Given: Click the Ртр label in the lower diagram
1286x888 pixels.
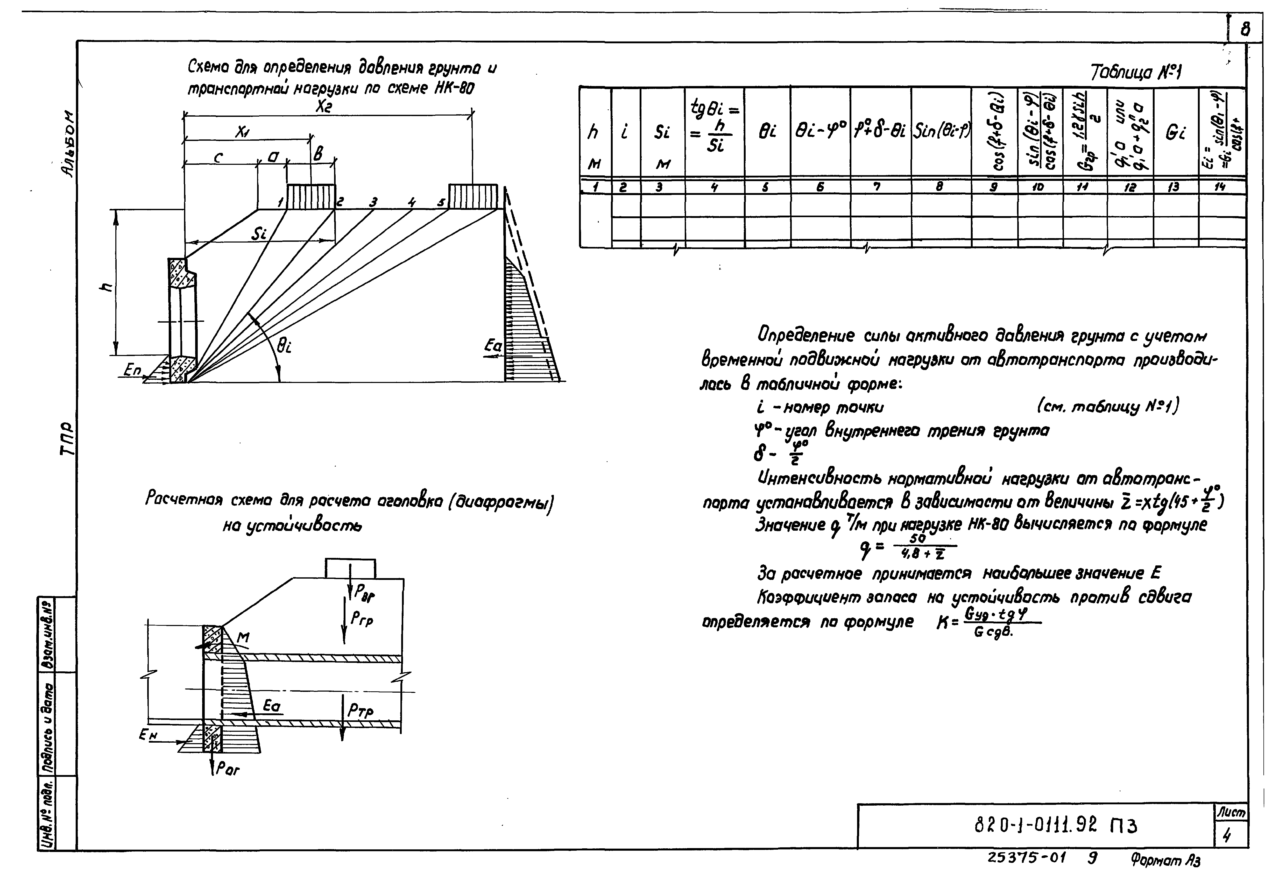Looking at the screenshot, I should (361, 711).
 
